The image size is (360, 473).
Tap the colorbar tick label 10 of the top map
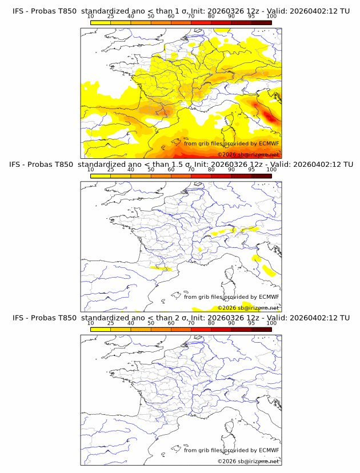coord(90,17)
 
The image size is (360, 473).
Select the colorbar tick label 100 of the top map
coord(271,17)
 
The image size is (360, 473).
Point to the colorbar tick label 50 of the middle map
coord(151,170)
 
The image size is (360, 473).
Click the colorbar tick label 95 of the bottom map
coord(251,323)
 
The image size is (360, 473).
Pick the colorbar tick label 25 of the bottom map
coord(110,323)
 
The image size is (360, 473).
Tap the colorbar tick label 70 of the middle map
coord(191,170)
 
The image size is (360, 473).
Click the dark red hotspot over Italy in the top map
coord(270,117)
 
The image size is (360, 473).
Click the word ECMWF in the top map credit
coord(269,143)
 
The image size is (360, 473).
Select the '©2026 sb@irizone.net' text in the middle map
coord(248,308)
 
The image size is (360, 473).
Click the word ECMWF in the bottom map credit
coord(269,450)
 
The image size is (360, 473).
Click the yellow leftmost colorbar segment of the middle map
coord(100,176)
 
